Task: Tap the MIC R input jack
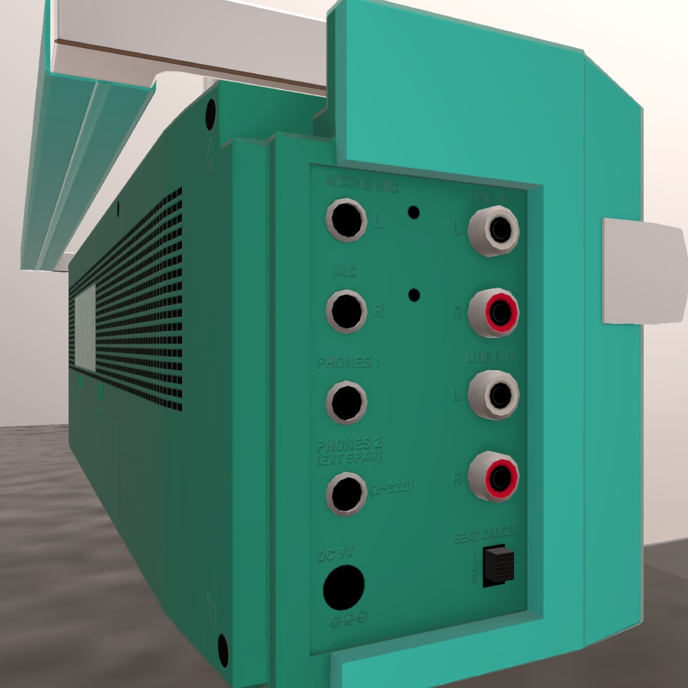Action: click(347, 311)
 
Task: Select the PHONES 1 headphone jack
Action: click(346, 402)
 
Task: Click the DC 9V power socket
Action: click(343, 587)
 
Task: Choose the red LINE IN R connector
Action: click(494, 312)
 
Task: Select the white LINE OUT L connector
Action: click(494, 395)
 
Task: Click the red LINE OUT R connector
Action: click(494, 477)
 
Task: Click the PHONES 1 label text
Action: click(348, 363)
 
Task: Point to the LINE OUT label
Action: click(490, 357)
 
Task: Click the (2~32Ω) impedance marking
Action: click(390, 487)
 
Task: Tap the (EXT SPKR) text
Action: click(349, 457)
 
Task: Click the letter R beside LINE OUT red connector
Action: click(458, 478)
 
